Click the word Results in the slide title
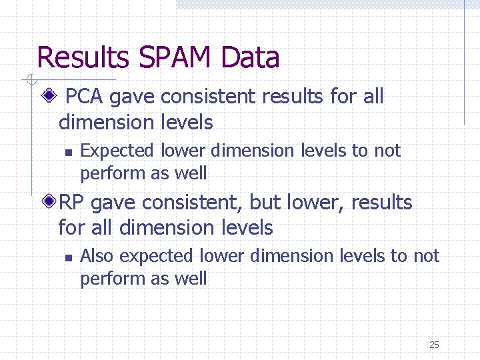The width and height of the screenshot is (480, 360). [83, 58]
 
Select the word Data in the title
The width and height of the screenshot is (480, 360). [249, 58]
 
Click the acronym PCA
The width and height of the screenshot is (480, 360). [85, 97]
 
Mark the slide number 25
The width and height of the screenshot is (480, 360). [434, 345]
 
